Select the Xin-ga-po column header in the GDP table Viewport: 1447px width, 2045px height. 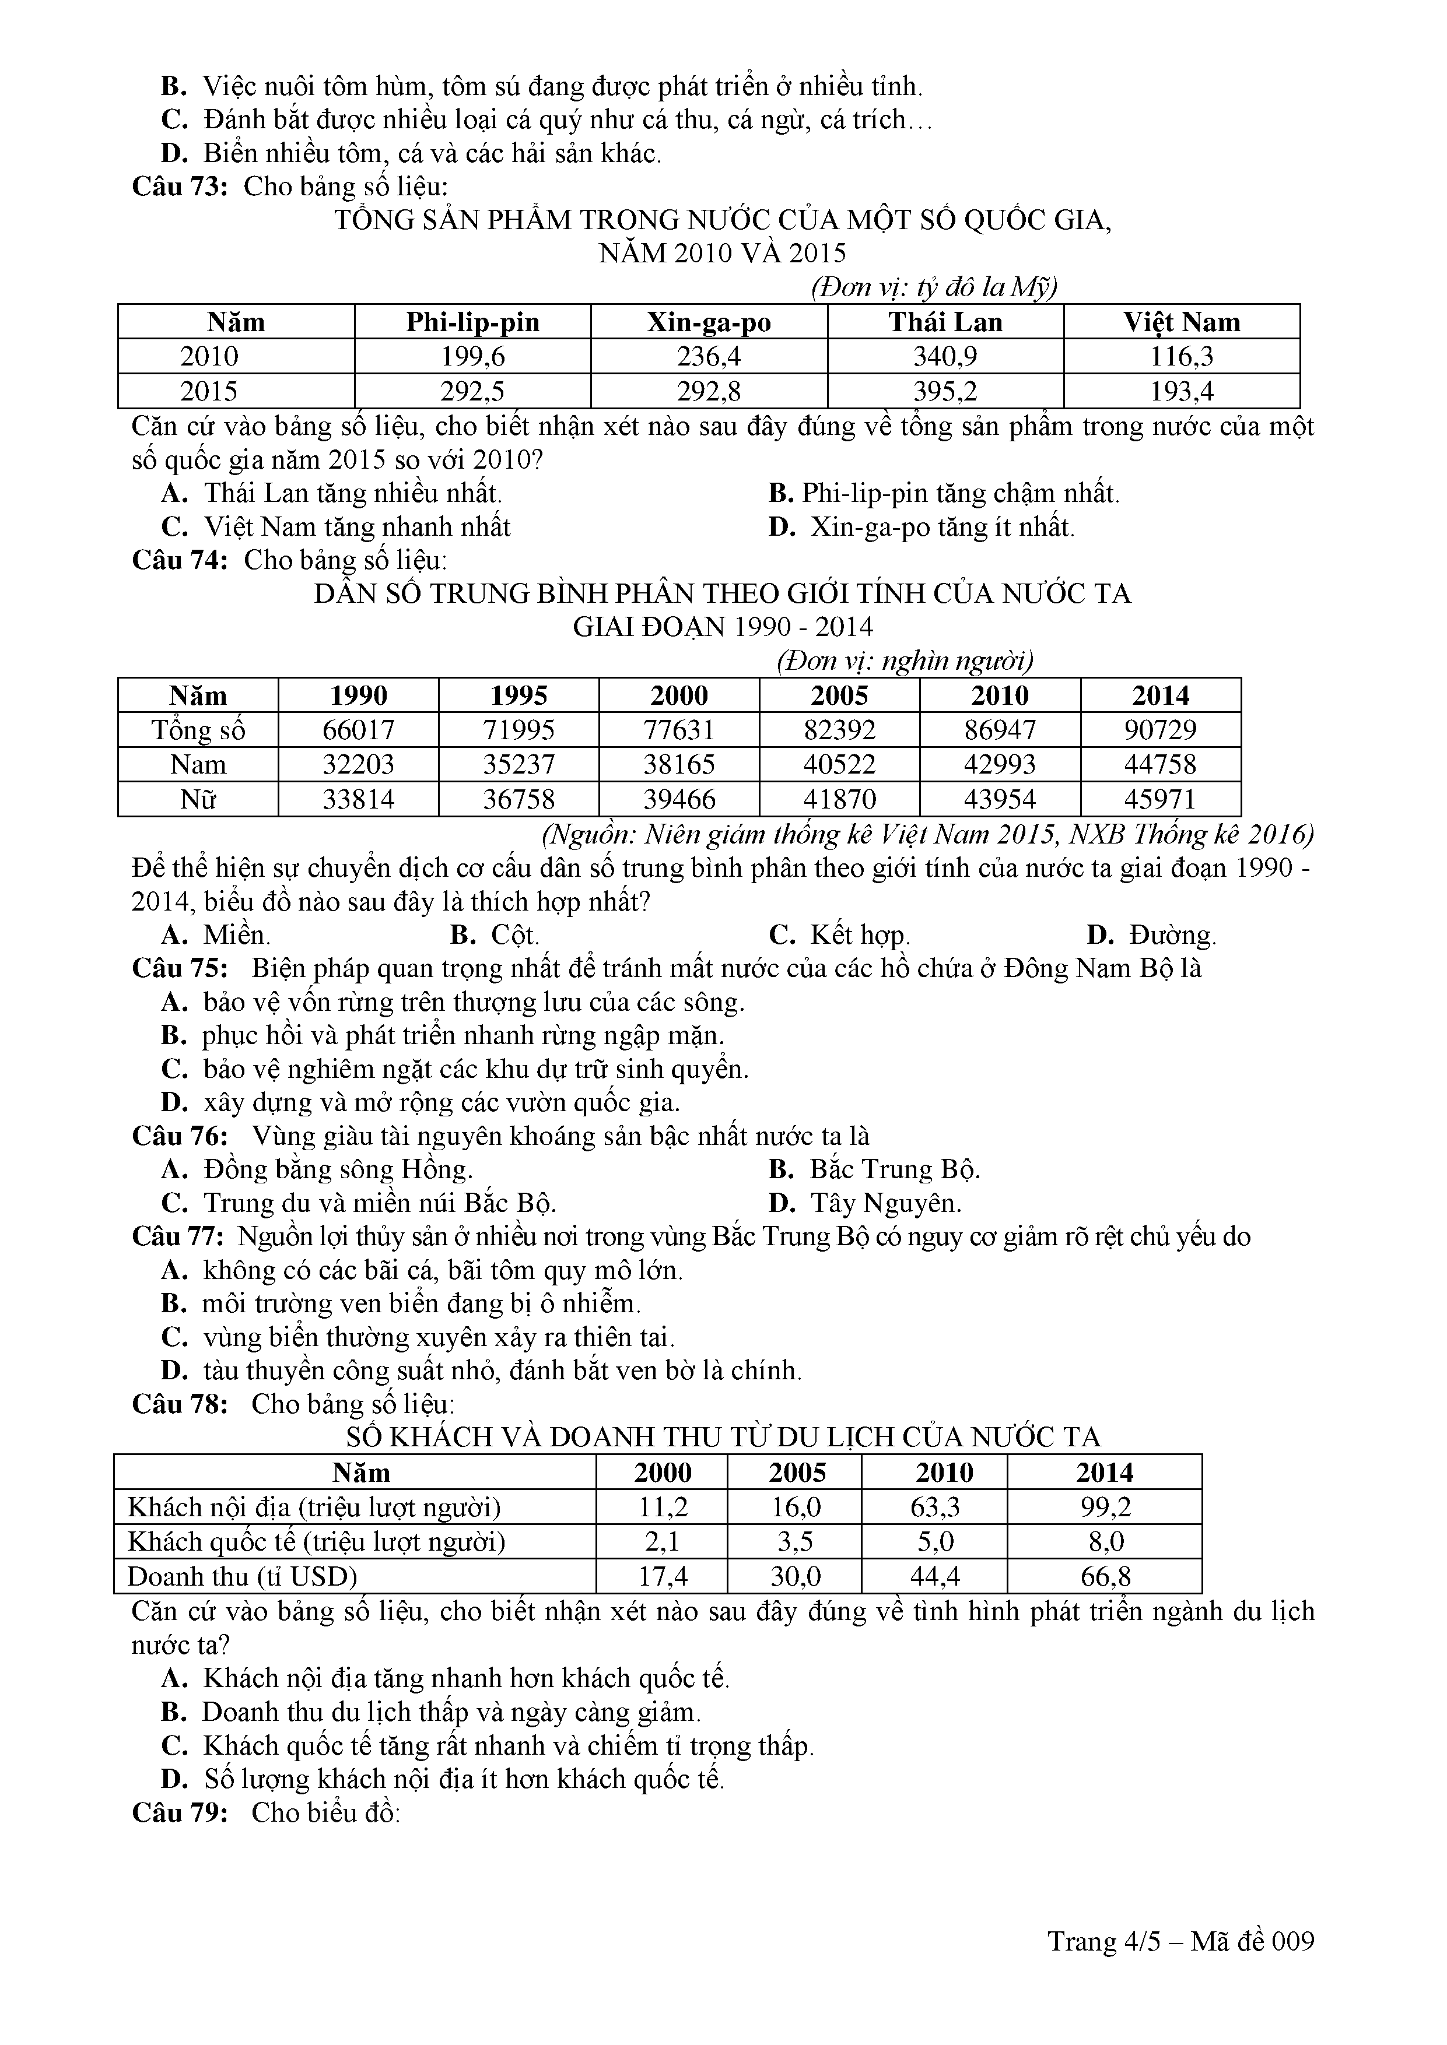click(709, 322)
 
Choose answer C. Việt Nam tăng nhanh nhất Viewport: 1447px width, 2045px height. click(337, 528)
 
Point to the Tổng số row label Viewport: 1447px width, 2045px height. click(198, 730)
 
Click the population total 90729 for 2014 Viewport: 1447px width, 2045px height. click(1160, 730)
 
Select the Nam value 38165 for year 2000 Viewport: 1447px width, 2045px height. click(679, 765)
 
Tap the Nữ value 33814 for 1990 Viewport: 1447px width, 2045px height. click(358, 799)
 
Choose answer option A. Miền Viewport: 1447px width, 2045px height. click(216, 935)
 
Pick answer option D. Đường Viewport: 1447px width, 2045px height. click(1151, 935)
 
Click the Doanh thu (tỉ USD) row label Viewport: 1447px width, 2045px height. click(243, 1576)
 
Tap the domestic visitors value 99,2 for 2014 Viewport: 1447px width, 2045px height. click(1105, 1507)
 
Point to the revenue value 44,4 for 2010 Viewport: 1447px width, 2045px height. click(935, 1576)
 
